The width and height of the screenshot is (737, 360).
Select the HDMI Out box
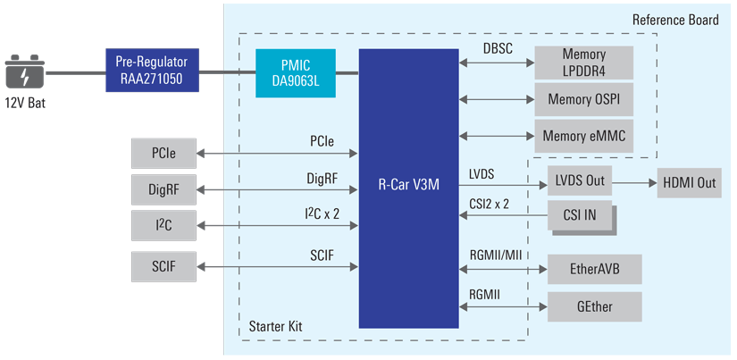click(x=689, y=182)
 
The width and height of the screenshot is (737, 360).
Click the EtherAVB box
click(x=594, y=267)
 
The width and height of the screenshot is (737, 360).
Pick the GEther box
click(x=594, y=306)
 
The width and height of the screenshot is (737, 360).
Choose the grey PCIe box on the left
click(x=162, y=154)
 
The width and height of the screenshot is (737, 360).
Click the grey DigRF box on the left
click(x=162, y=188)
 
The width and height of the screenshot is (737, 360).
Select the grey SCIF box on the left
click(x=162, y=266)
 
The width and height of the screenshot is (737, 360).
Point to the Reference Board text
click(x=674, y=20)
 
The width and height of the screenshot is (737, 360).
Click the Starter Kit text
click(x=276, y=327)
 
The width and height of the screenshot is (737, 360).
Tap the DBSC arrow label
click(x=497, y=49)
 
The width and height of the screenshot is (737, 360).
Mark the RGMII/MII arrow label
click(x=495, y=255)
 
